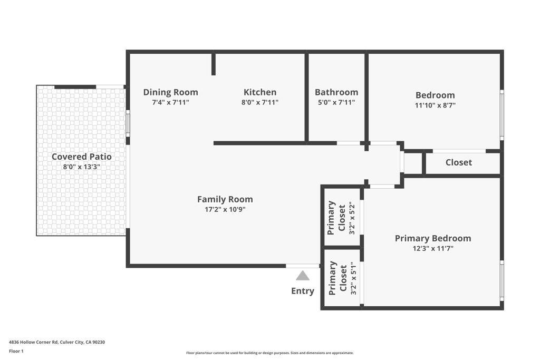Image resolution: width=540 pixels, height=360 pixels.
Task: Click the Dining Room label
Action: pyautogui.click(x=170, y=92)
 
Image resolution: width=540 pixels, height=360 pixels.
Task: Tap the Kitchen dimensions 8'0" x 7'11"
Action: pyautogui.click(x=260, y=103)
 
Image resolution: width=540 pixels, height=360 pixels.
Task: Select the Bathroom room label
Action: pyautogui.click(x=336, y=92)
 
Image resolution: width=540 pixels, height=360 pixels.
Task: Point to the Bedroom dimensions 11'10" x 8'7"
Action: pyautogui.click(x=435, y=105)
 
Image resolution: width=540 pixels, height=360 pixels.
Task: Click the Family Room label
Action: pyautogui.click(x=225, y=199)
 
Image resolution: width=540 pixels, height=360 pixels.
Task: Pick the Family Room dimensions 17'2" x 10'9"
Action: pyautogui.click(x=225, y=209)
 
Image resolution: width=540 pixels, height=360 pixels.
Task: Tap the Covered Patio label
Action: pyautogui.click(x=81, y=157)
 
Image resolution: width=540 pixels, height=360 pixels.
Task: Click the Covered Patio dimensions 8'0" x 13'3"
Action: pyautogui.click(x=81, y=167)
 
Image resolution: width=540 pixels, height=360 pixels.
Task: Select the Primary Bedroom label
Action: pyautogui.click(x=433, y=238)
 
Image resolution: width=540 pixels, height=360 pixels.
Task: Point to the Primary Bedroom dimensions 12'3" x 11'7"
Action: pyautogui.click(x=433, y=249)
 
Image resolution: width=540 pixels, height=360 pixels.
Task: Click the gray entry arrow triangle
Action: pyautogui.click(x=302, y=276)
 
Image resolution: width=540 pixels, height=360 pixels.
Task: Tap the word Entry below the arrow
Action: pyautogui.click(x=302, y=291)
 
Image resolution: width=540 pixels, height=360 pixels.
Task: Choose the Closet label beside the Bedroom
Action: pyautogui.click(x=458, y=162)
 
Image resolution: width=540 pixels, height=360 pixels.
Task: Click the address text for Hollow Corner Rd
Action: pyautogui.click(x=57, y=342)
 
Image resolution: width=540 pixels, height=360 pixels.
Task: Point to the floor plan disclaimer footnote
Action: pyautogui.click(x=269, y=353)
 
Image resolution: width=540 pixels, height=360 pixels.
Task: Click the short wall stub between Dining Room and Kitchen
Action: pyautogui.click(x=214, y=64)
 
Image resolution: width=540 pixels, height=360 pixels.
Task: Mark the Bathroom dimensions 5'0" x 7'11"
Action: pyautogui.click(x=336, y=103)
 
